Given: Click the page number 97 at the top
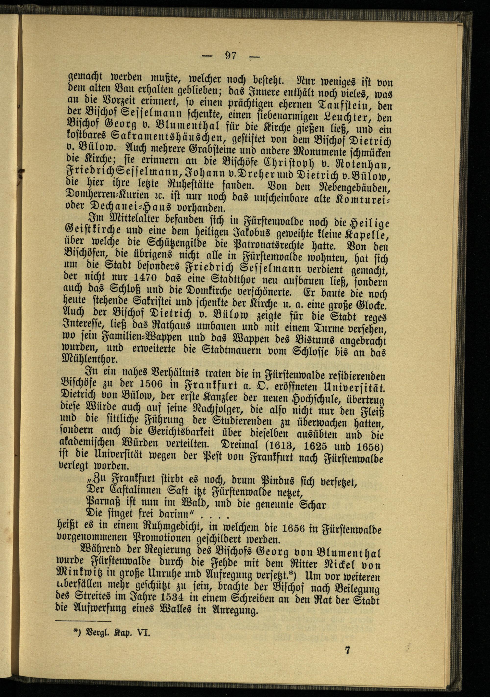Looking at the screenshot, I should (231, 56).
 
